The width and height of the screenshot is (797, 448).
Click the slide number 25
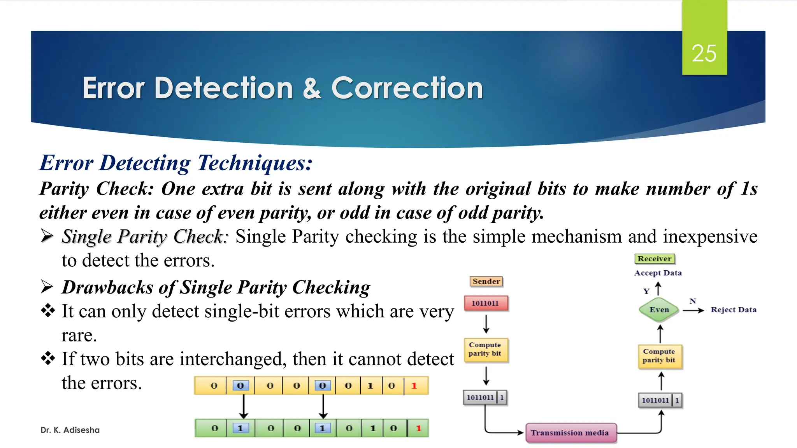click(704, 53)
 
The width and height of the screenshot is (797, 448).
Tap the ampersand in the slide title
click(312, 88)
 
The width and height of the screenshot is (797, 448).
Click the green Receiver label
click(654, 259)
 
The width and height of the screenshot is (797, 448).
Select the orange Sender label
click(486, 281)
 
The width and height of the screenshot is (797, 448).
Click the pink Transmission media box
click(571, 433)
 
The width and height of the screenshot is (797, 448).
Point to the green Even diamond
click(659, 310)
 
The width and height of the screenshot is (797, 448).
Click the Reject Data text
click(733, 310)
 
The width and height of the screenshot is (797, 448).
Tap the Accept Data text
click(658, 273)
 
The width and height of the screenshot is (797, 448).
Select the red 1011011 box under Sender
click(486, 303)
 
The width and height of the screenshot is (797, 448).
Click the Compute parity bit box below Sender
click(486, 349)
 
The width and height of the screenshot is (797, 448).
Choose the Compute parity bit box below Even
click(660, 356)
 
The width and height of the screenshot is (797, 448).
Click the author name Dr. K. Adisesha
click(70, 430)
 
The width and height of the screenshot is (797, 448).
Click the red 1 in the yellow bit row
click(414, 386)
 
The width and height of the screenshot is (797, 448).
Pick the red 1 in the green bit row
click(419, 428)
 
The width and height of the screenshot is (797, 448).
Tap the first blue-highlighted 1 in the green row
click(241, 428)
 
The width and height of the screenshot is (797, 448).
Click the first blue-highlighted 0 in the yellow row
click(240, 386)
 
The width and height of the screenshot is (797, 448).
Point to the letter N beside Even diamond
click(692, 301)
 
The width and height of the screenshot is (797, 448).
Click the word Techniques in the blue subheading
click(255, 163)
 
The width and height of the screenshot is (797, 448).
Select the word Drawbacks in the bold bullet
click(107, 288)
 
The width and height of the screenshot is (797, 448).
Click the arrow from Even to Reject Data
click(693, 310)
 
